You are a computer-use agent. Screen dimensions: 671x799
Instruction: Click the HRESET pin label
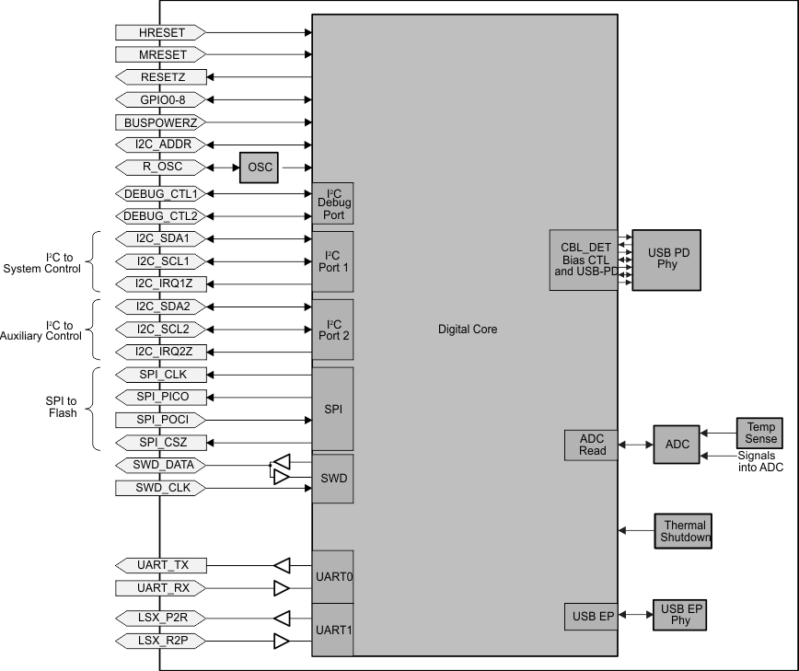pyautogui.click(x=162, y=32)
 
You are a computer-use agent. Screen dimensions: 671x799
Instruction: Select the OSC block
pyautogui.click(x=259, y=168)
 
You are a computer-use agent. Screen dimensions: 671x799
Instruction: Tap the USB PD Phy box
pyautogui.click(x=666, y=260)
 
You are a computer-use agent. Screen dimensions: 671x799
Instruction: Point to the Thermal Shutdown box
pyautogui.click(x=684, y=531)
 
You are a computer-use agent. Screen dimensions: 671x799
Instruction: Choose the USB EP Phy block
pyautogui.click(x=680, y=615)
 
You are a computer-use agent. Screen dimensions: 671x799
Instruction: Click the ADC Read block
pyautogui.click(x=591, y=445)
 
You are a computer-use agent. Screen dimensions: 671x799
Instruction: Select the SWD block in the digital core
pyautogui.click(x=332, y=479)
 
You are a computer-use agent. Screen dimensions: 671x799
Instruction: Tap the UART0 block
pyautogui.click(x=332, y=576)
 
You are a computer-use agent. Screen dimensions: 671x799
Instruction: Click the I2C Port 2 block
pyautogui.click(x=332, y=330)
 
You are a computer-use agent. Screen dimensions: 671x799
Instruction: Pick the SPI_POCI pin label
pyautogui.click(x=162, y=420)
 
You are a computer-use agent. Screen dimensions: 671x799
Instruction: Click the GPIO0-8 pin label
pyautogui.click(x=162, y=99)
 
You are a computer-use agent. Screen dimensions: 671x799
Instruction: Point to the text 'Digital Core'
pyautogui.click(x=468, y=330)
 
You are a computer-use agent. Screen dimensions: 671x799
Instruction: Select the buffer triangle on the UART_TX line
pyautogui.click(x=284, y=564)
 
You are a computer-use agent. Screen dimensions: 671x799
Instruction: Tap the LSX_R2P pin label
pyautogui.click(x=162, y=640)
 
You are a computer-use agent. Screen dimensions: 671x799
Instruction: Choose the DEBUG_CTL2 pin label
pyautogui.click(x=162, y=216)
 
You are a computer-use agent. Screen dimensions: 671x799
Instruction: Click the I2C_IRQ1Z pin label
pyautogui.click(x=162, y=283)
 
